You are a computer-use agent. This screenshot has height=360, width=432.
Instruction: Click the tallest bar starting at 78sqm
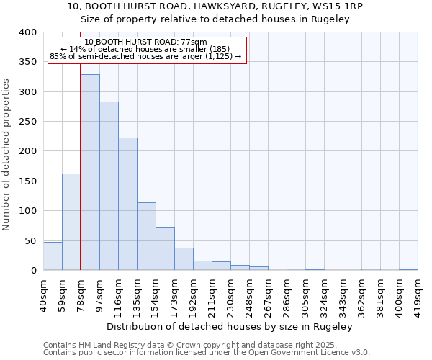(90, 173)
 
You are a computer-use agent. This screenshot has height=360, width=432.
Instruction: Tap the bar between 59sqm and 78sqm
(71, 222)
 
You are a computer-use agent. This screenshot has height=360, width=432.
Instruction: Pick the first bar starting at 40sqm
(53, 256)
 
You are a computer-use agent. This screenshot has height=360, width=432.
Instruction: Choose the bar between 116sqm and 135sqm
(127, 204)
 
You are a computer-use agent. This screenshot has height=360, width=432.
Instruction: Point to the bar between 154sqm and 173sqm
(165, 248)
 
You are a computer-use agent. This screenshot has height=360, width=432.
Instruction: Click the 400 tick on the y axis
(27, 32)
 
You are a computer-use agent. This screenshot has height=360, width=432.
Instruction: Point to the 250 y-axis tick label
(27, 122)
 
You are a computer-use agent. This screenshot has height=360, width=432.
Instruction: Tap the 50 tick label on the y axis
(30, 240)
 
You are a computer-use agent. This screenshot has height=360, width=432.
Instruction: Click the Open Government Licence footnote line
(207, 353)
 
